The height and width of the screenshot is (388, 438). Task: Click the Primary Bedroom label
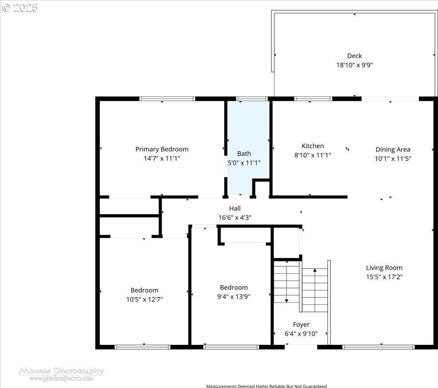[162, 149]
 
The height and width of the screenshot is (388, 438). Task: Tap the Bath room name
[244, 153]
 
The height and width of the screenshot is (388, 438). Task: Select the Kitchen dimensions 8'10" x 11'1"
[313, 155]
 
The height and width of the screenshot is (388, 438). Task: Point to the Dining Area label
[393, 149]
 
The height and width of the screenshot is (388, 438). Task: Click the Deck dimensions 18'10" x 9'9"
[354, 65]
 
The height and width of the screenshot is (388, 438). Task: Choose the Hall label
[235, 208]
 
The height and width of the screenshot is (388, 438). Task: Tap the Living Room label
[384, 268]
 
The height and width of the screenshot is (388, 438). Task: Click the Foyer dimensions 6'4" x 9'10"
[301, 334]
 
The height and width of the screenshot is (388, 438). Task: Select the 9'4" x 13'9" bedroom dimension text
[234, 296]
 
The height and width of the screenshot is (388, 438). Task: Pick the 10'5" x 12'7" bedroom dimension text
[144, 300]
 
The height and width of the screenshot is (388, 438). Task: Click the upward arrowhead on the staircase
[315, 270]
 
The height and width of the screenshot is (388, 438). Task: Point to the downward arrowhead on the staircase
[287, 301]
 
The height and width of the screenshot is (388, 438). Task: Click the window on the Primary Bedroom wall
[167, 99]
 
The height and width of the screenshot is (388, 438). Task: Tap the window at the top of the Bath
[252, 99]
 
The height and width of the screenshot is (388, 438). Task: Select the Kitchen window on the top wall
[313, 99]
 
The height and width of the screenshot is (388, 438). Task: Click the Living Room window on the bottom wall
[378, 347]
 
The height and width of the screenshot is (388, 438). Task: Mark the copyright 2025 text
[20, 8]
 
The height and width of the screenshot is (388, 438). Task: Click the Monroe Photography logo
[61, 374]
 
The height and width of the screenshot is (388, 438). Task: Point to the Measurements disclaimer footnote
[267, 386]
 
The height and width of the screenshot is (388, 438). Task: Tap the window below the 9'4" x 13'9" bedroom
[231, 347]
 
